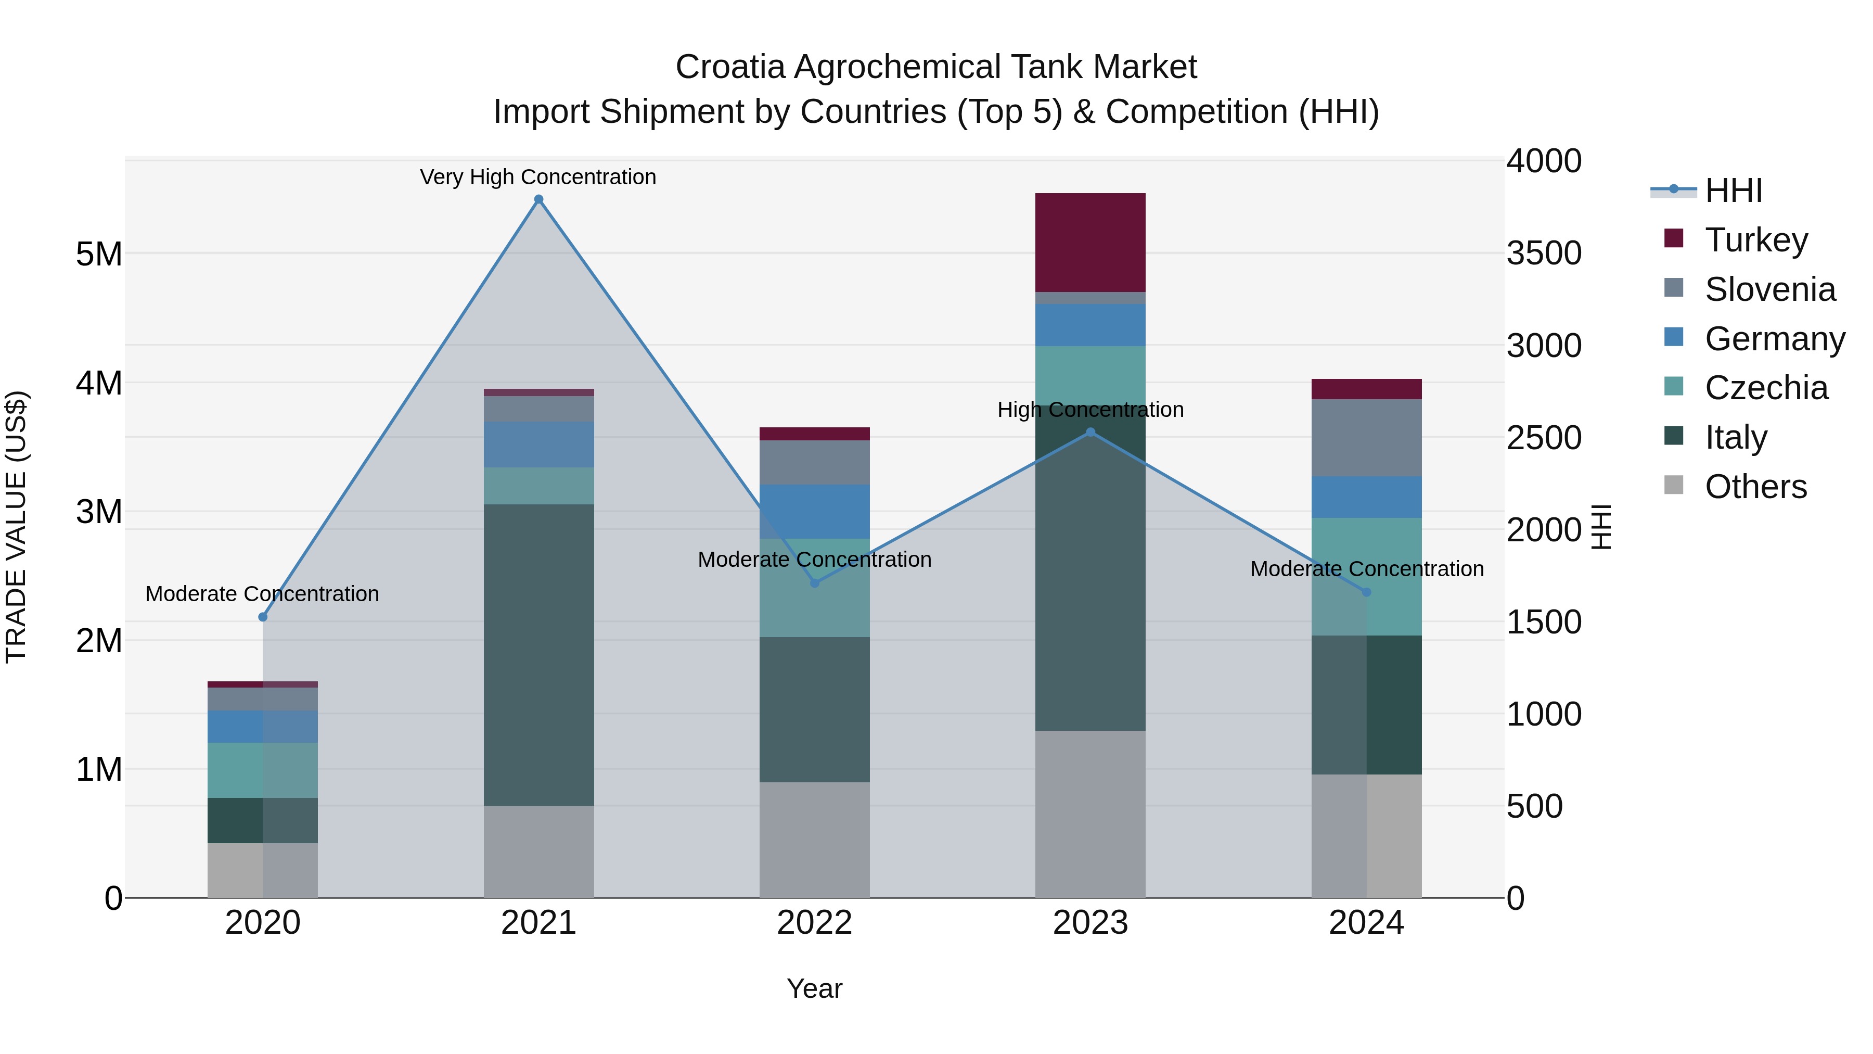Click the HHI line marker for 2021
538,199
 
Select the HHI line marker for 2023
1090,432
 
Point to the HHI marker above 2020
263,617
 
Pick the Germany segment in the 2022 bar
814,511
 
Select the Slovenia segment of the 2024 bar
1366,437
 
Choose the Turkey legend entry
1756,240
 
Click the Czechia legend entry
1765,388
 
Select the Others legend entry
1755,487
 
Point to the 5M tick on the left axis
99,254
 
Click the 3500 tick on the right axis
1543,253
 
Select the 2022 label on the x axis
814,922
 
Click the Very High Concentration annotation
538,177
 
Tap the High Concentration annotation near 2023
1090,410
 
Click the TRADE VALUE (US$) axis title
16,527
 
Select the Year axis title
814,988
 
